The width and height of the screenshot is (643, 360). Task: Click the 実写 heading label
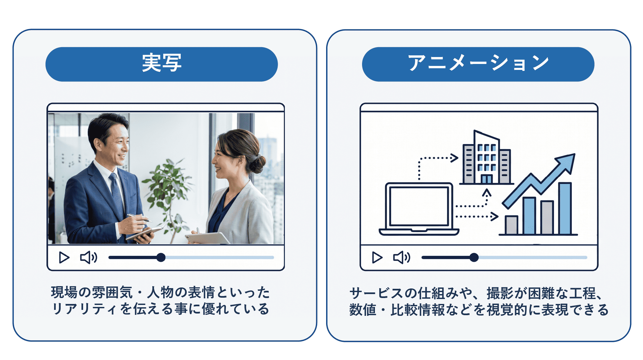pos(162,63)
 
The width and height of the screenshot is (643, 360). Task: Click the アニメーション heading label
pos(478,63)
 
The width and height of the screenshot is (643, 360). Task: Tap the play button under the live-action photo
pos(64,257)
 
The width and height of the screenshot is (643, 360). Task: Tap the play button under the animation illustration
pos(377,257)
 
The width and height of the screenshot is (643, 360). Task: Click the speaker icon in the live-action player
pos(89,257)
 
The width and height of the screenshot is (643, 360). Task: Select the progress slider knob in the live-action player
pos(161,257)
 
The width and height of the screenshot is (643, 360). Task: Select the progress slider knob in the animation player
pos(474,257)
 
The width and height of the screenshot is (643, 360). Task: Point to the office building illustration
pos(487,158)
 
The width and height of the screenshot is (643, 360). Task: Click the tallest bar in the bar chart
pos(565,208)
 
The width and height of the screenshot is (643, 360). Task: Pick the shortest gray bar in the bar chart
pos(511,225)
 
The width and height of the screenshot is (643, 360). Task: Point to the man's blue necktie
pos(117,195)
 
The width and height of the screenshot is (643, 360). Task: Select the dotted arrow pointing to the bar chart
pos(477,217)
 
